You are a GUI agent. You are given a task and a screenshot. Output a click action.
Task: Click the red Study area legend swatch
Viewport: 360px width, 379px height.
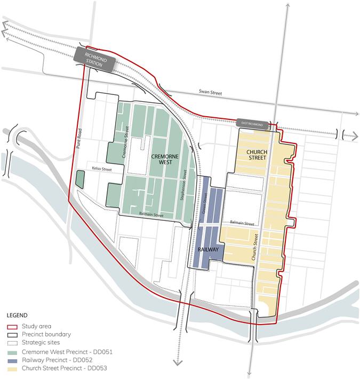click(x=11, y=327)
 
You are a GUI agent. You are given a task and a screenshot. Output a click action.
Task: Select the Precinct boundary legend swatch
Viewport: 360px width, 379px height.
click(x=11, y=335)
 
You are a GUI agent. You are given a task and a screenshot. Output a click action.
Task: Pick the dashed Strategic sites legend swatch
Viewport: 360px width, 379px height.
click(x=11, y=343)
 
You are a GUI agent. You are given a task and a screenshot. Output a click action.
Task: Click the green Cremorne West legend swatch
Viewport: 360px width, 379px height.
click(x=11, y=351)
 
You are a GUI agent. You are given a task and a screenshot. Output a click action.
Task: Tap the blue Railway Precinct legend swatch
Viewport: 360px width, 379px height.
click(x=11, y=359)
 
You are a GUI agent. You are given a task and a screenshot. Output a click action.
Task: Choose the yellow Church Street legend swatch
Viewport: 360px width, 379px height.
click(x=11, y=367)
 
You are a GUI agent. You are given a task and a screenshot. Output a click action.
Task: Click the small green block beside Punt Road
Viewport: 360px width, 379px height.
click(x=80, y=179)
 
